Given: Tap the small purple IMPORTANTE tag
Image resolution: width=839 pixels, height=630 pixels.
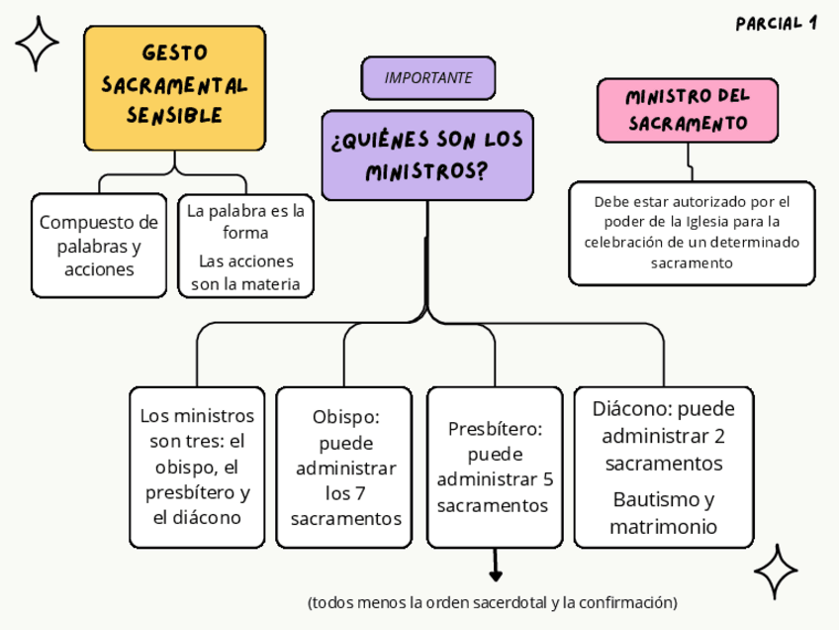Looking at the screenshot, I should (427, 78).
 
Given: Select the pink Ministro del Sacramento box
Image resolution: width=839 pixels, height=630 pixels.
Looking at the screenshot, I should (688, 110).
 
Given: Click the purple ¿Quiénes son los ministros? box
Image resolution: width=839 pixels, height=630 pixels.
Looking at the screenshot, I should (427, 156).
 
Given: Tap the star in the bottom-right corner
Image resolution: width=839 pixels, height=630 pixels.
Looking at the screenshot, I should (775, 572).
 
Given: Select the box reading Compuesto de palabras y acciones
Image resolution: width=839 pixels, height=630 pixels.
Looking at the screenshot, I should (99, 245).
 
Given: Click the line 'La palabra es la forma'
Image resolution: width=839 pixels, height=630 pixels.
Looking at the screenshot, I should (246, 222).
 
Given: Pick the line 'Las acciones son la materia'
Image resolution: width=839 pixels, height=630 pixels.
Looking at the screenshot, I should (246, 273).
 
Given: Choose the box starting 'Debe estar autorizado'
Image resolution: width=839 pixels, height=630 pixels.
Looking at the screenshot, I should (692, 233).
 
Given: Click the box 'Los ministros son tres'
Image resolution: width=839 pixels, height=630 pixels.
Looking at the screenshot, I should (197, 467).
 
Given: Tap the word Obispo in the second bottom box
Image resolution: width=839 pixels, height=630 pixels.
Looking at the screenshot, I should (345, 416).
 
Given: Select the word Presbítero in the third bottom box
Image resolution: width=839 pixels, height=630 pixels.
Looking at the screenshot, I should (495, 429).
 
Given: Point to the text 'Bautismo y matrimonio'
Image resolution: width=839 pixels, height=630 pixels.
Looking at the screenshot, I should (663, 512).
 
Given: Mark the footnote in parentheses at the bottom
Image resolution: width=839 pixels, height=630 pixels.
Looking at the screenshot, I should (493, 602).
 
